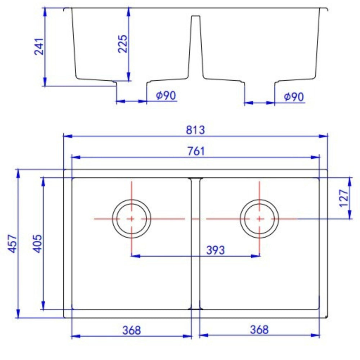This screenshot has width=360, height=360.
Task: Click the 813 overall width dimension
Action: [x=195, y=130]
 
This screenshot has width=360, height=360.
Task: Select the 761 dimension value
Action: [x=196, y=151]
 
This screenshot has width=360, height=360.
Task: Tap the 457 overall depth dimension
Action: [x=13, y=244]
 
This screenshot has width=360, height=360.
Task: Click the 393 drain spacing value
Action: [x=215, y=250]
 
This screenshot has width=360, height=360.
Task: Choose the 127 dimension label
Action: [x=344, y=198]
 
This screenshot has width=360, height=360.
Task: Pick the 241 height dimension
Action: [x=39, y=46]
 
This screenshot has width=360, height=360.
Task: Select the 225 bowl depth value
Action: [x=122, y=44]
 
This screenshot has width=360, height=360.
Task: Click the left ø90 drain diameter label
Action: [x=166, y=95]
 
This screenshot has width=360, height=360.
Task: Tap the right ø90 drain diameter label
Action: [x=294, y=97]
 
